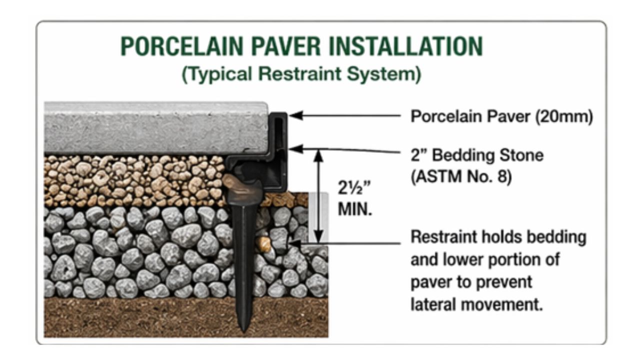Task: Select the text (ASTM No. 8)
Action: pyautogui.click(x=460, y=177)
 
